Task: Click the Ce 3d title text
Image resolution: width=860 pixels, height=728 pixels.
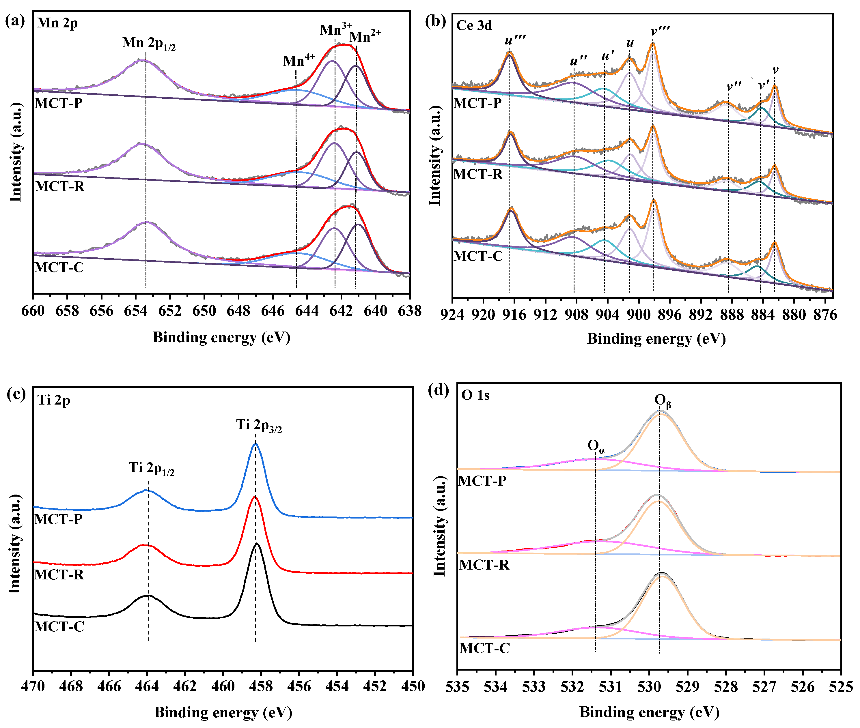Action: pos(474,26)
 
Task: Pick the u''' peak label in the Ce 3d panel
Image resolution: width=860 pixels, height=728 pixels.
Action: pos(515,40)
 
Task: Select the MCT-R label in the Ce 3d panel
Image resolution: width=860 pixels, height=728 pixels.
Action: pos(478,175)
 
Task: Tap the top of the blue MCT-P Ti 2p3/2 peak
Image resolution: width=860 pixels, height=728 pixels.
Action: pos(255,444)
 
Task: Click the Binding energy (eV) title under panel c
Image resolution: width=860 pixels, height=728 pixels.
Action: pos(223,713)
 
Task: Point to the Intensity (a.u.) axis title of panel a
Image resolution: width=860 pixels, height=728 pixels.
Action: pos(16,153)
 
